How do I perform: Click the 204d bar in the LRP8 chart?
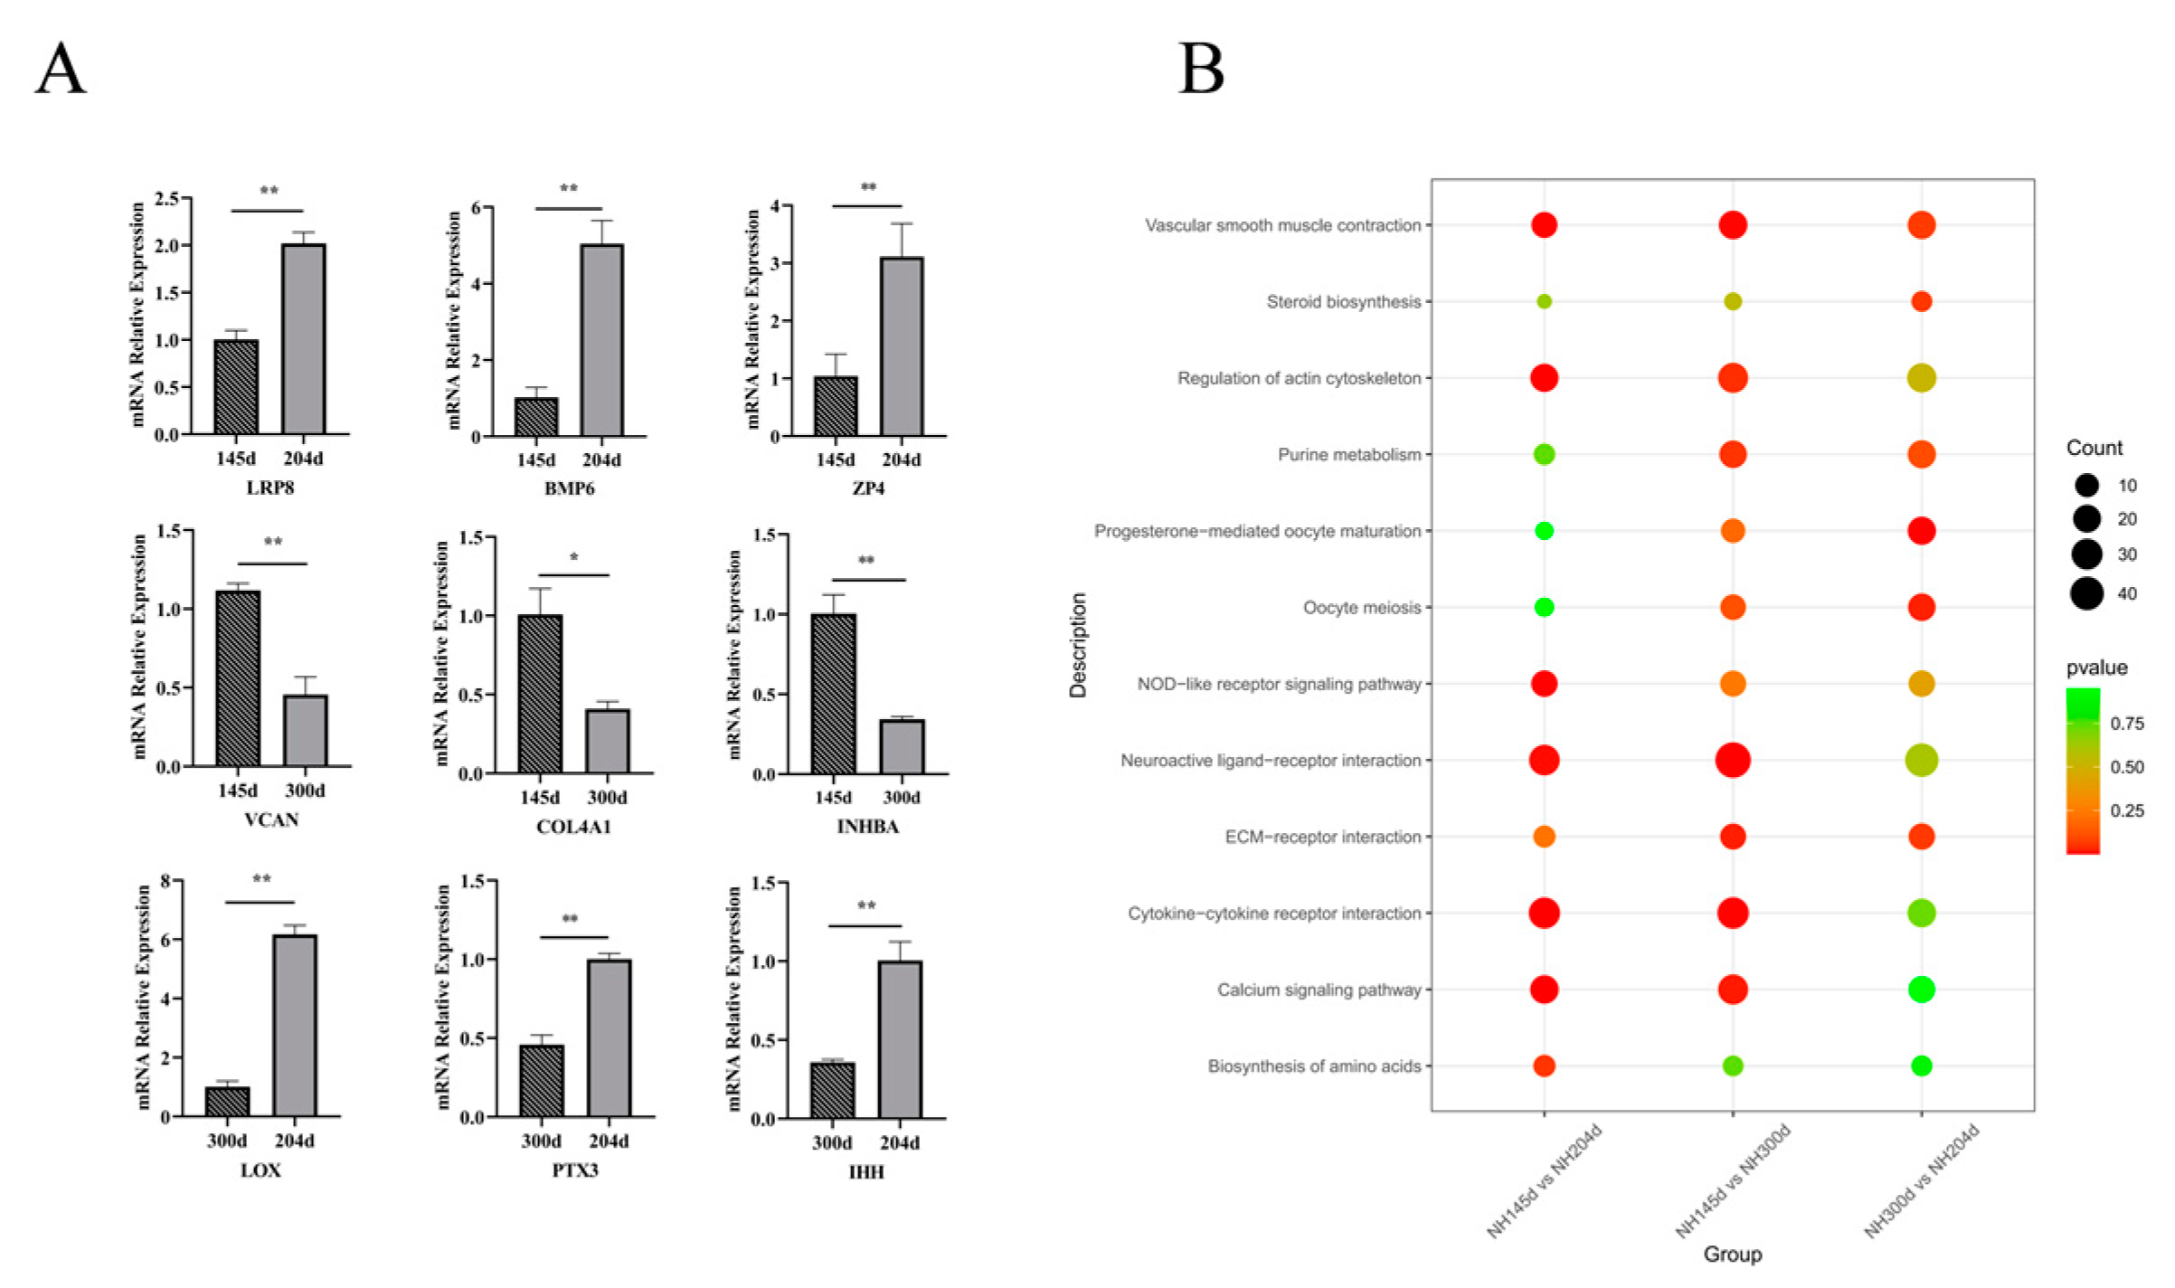[x=303, y=339]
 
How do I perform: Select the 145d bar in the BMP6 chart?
[x=536, y=416]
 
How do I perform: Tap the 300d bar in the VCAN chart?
[x=306, y=731]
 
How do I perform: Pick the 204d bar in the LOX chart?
[x=295, y=1026]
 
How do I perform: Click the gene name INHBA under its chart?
[x=867, y=827]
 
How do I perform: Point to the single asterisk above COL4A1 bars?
[x=574, y=558]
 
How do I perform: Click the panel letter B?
[x=1201, y=69]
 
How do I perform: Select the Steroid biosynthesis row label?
[x=1343, y=301]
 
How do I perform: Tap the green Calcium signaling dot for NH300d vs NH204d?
[x=1921, y=990]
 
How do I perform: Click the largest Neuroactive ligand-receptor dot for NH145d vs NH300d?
[x=1732, y=760]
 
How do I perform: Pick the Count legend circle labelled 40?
[x=2086, y=593]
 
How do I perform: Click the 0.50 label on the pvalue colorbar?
[x=2126, y=767]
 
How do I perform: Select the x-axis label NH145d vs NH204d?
[x=1545, y=1180]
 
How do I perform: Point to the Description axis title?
[x=1078, y=645]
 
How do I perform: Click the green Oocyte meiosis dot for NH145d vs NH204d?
[x=1544, y=607]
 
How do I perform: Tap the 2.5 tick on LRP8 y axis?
[x=166, y=198]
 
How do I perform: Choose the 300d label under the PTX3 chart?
[x=541, y=1141]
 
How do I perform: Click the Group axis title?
[x=1732, y=1255]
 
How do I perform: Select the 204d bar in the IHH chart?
[x=900, y=1040]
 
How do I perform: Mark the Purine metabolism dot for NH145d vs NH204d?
[x=1544, y=454]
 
